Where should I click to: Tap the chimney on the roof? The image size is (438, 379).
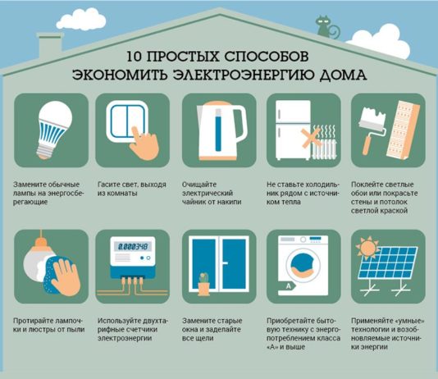[50, 45]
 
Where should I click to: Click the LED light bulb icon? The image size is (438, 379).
[53, 130]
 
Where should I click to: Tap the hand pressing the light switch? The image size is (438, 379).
[144, 144]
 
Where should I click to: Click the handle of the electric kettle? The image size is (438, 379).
[241, 124]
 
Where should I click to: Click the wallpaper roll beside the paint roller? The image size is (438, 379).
[403, 130]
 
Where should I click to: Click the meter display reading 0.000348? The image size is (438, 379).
[133, 247]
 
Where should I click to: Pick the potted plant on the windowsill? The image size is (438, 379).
[203, 284]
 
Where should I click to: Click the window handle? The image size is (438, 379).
[224, 263]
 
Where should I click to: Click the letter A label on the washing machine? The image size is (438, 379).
[289, 286]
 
